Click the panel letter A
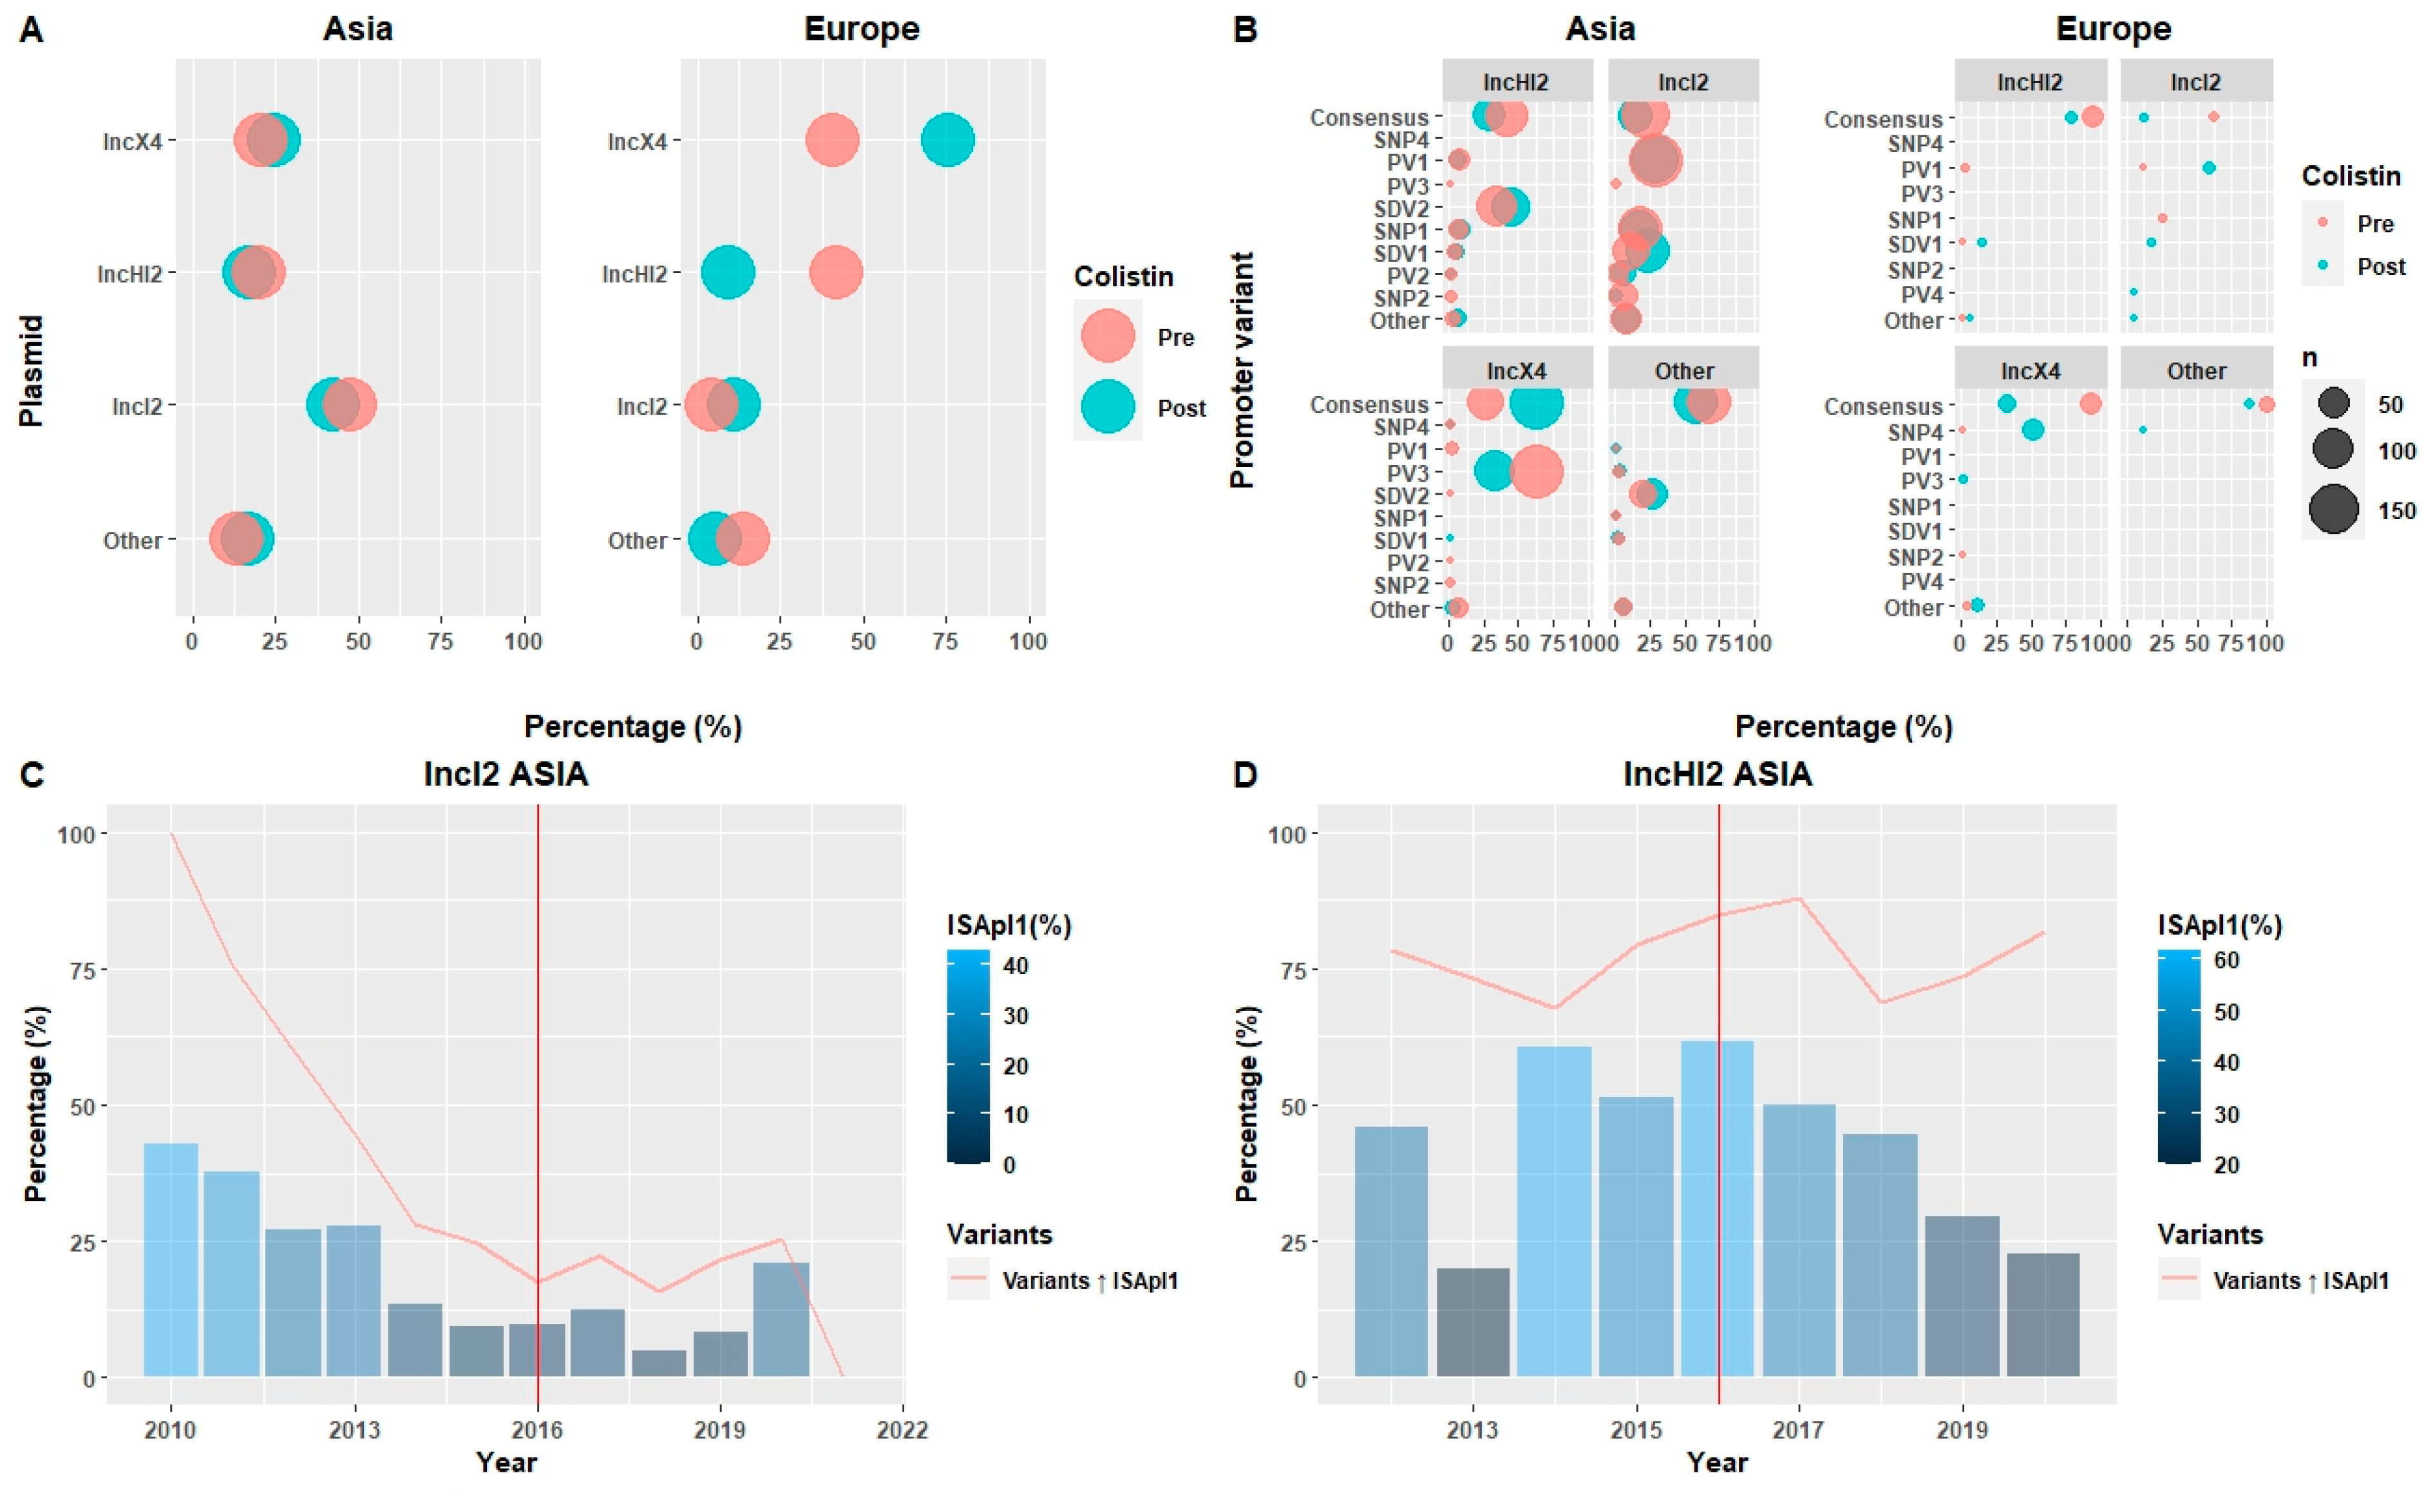pyautogui.click(x=32, y=30)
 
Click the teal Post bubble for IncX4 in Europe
pyautogui.click(x=947, y=140)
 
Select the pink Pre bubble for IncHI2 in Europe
pyautogui.click(x=836, y=273)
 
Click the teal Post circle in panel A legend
pyautogui.click(x=1108, y=406)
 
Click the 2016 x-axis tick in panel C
pyautogui.click(x=537, y=1429)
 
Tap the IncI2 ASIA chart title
pyautogui.click(x=506, y=774)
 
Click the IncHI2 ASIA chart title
pyautogui.click(x=1717, y=774)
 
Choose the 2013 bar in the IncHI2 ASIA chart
pyautogui.click(x=1473, y=1322)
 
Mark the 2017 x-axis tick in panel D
pyautogui.click(x=1799, y=1429)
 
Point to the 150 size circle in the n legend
pyautogui.click(x=2333, y=510)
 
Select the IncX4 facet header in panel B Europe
pyautogui.click(x=2030, y=371)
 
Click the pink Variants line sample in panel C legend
pyautogui.click(x=968, y=1279)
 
